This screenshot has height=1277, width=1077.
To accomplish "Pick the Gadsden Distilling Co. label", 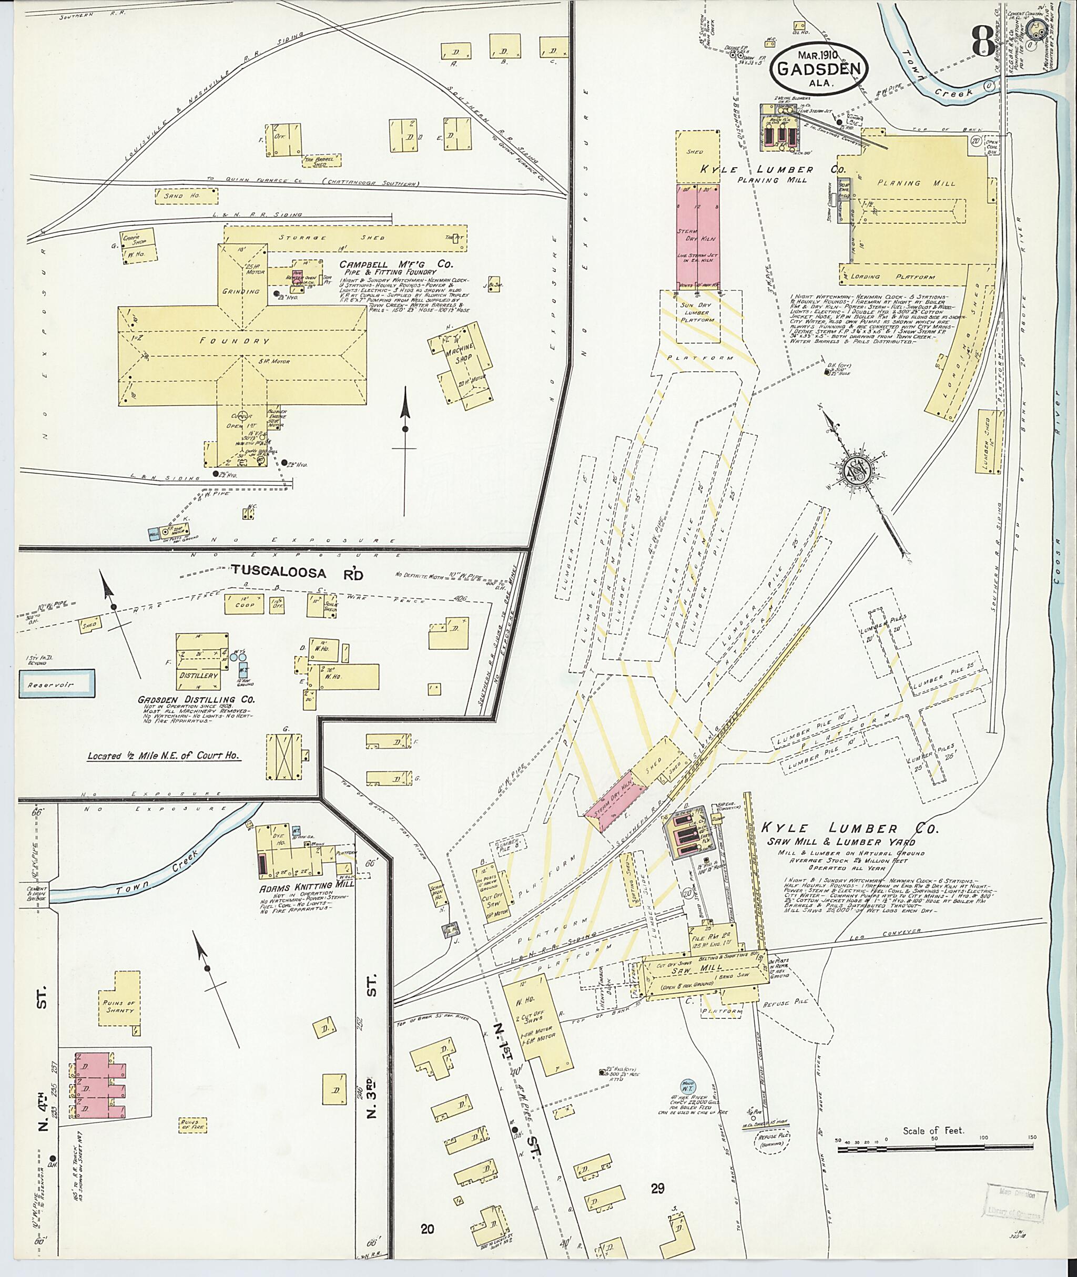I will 197,700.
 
